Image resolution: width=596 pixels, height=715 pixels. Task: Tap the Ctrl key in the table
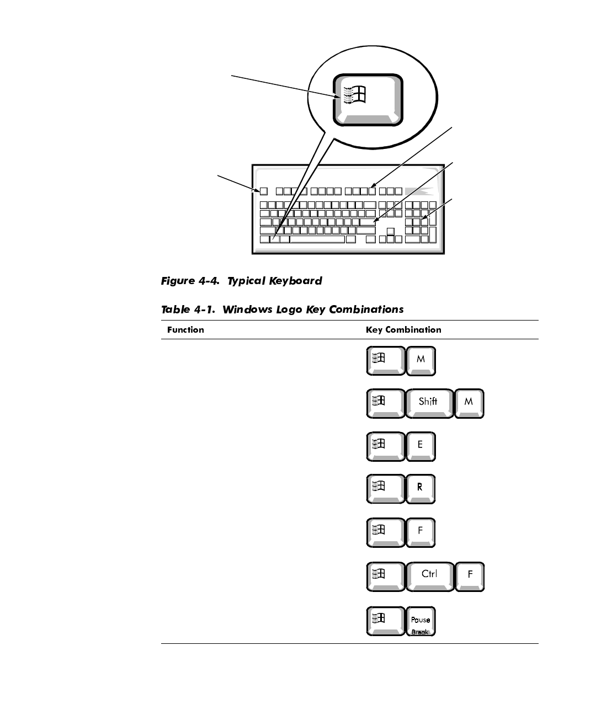point(429,575)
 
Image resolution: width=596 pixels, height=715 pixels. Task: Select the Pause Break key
point(421,621)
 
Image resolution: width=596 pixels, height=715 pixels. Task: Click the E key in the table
point(421,445)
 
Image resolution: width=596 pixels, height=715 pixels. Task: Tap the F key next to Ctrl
point(470,575)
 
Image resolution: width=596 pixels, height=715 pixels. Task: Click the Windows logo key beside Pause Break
point(385,621)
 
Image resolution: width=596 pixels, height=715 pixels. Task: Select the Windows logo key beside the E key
point(385,445)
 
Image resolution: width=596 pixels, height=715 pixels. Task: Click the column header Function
point(185,330)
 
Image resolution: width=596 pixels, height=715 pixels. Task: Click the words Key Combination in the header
point(403,330)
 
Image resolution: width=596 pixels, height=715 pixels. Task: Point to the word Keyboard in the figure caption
point(295,281)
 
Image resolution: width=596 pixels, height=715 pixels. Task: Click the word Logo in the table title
point(289,310)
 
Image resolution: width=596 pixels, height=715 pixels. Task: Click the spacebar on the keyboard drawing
point(317,239)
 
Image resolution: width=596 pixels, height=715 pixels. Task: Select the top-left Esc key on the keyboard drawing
point(264,191)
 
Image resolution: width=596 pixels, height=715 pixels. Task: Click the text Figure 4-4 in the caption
point(191,281)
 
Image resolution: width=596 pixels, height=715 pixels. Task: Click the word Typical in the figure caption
point(247,281)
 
